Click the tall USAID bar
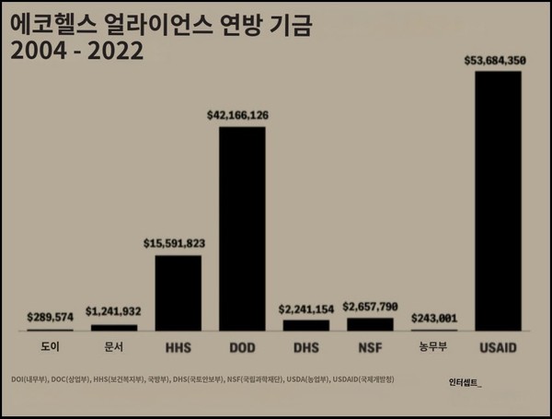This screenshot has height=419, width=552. point(498,201)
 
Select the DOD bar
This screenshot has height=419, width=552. point(242,228)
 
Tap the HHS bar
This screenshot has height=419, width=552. point(178,293)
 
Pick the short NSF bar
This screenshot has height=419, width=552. point(370,324)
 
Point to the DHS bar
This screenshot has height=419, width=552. point(305,325)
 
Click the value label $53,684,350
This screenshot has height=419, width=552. point(497,62)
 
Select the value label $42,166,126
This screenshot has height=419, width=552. point(244,116)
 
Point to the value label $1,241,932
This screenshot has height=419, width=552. point(113,311)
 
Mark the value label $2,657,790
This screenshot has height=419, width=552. point(371,306)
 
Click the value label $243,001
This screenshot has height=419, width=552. point(434,318)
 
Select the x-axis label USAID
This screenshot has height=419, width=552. point(498,349)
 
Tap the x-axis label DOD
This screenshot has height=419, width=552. point(242,349)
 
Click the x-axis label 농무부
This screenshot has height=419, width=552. point(434,349)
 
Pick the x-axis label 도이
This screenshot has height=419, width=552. point(50,349)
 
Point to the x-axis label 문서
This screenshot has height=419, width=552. point(113,349)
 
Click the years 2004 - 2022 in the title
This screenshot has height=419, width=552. point(77,51)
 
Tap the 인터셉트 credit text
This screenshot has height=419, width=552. point(465,380)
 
